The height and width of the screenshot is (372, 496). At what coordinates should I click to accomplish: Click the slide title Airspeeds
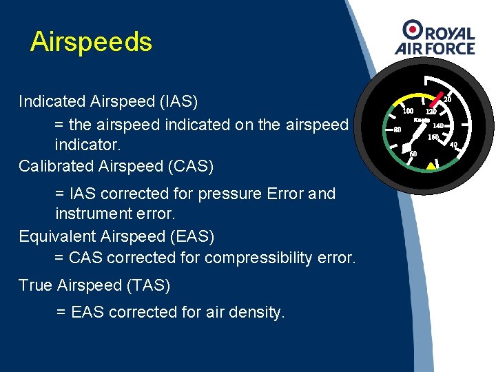coord(91,43)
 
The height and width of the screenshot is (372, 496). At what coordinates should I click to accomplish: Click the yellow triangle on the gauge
coord(431,165)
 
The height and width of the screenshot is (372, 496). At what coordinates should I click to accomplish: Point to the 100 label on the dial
coord(408,110)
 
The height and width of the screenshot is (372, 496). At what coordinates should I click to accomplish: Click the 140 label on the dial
coord(438,125)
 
